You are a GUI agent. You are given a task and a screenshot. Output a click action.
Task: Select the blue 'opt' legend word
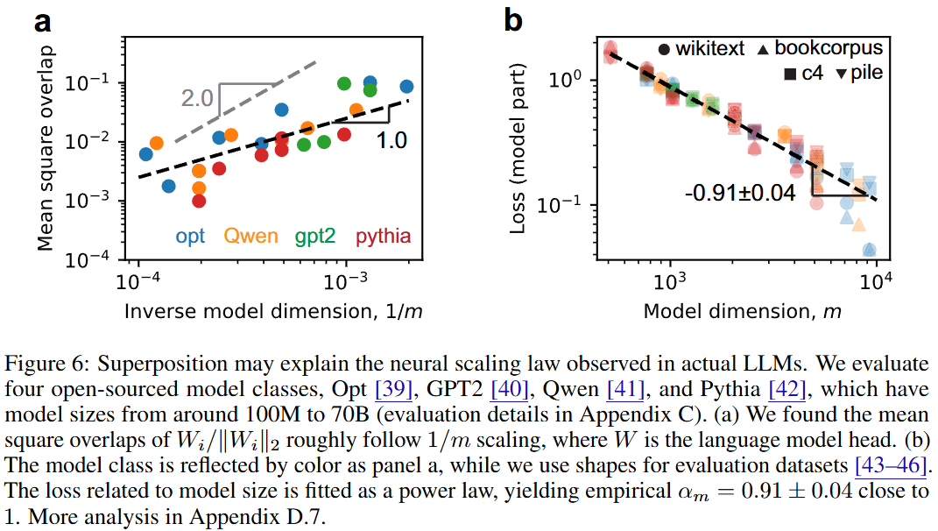pyautogui.click(x=190, y=236)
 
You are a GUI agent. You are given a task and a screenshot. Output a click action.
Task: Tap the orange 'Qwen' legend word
pyautogui.click(x=250, y=236)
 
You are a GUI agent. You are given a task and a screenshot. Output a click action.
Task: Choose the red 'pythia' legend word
pyautogui.click(x=383, y=236)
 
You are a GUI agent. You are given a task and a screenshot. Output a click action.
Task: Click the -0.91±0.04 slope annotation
pyautogui.click(x=740, y=193)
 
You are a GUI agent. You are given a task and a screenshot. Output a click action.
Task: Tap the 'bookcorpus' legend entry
pyautogui.click(x=829, y=47)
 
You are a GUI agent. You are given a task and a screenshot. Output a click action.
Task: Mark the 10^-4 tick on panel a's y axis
pyautogui.click(x=102, y=260)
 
